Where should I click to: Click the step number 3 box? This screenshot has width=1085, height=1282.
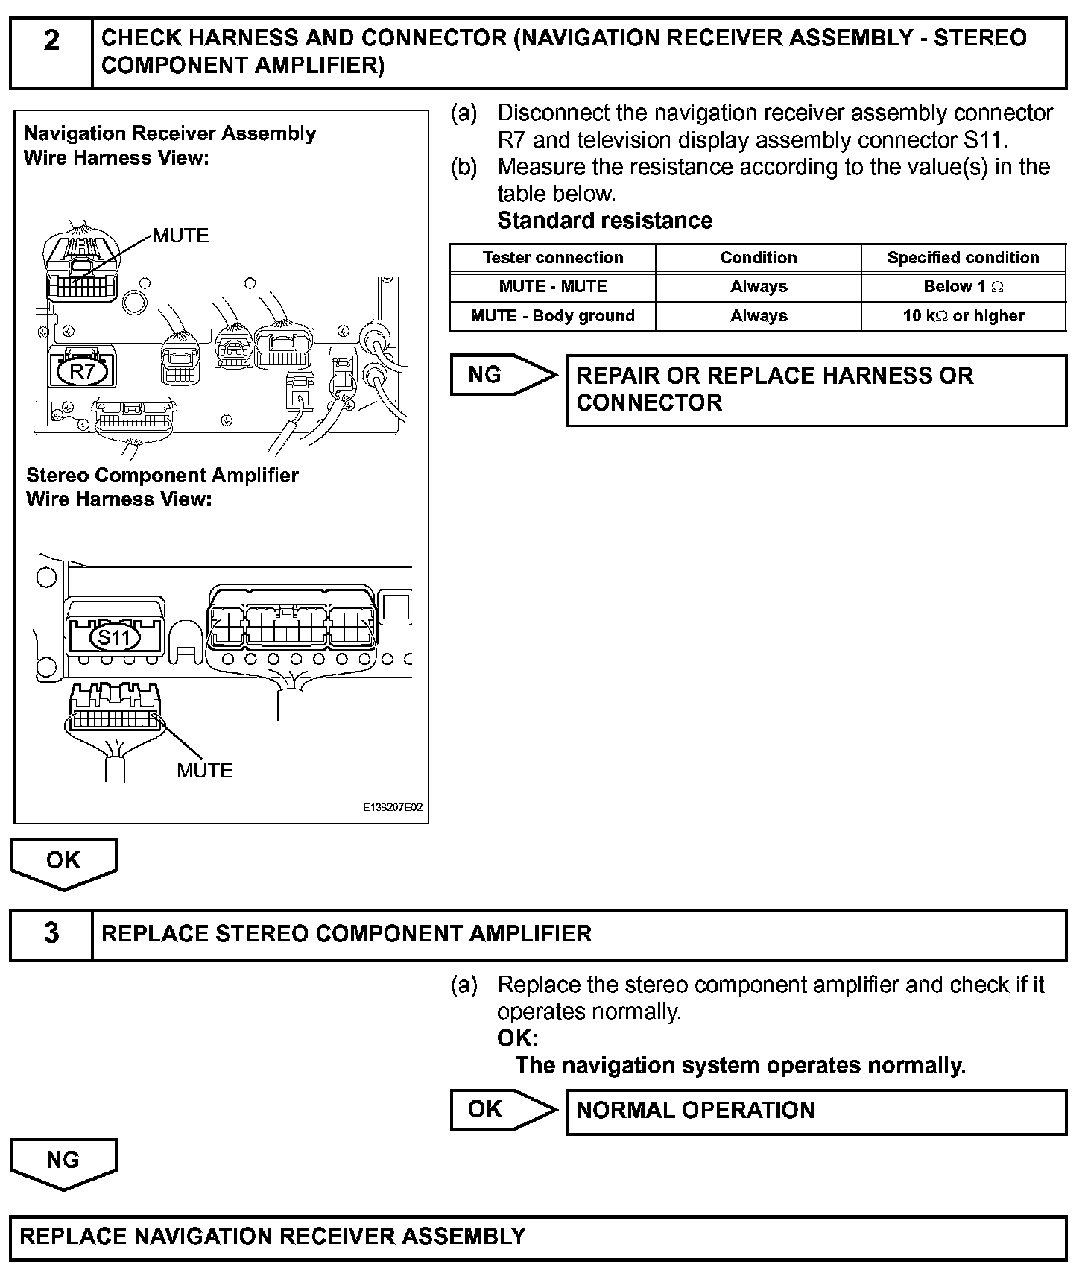[x=51, y=934]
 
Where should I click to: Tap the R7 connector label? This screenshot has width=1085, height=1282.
[x=81, y=370]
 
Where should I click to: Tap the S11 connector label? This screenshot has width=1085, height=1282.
[x=114, y=637]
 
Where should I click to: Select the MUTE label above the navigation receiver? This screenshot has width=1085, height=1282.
[x=181, y=236]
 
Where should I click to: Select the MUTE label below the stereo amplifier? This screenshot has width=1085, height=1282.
[x=205, y=770]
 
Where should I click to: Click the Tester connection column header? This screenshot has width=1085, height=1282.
[x=552, y=258]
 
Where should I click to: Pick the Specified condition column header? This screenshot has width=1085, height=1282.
[x=963, y=258]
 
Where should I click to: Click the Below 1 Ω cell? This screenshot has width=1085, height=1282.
[x=963, y=287]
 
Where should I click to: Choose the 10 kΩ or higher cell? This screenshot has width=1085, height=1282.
[x=963, y=316]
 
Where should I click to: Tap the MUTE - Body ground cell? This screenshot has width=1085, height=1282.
[x=552, y=316]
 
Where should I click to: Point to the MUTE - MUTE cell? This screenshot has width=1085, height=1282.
[x=552, y=287]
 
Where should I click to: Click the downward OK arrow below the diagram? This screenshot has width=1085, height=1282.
[x=63, y=862]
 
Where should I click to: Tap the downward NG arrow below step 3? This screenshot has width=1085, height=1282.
[x=63, y=1162]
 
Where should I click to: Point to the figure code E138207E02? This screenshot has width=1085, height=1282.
[x=393, y=808]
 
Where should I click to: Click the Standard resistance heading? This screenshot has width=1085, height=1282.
[x=604, y=221]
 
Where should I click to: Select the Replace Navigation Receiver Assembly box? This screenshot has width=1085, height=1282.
[x=538, y=1237]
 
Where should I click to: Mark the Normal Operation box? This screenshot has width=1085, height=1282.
[x=816, y=1111]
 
